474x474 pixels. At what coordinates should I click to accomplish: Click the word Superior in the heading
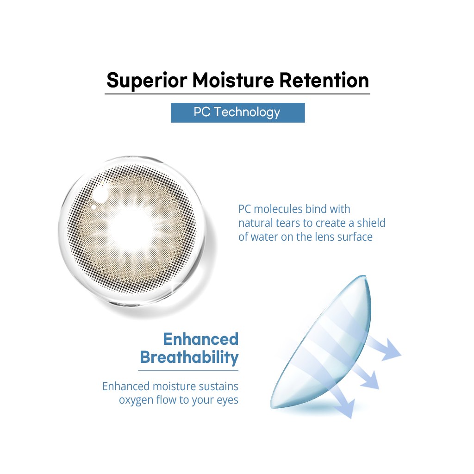click(147, 81)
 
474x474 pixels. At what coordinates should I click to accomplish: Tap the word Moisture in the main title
click(233, 80)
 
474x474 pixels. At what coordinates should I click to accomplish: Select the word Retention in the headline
click(324, 80)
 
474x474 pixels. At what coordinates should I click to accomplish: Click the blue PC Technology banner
click(237, 112)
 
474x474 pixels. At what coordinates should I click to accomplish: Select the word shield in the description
click(371, 223)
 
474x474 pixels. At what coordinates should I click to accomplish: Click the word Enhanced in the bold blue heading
click(201, 339)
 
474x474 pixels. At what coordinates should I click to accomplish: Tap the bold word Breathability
click(189, 358)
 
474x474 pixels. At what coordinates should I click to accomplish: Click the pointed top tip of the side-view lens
click(365, 276)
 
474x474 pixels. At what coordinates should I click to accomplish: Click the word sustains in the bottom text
click(218, 387)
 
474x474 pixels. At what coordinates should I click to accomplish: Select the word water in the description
click(265, 237)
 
